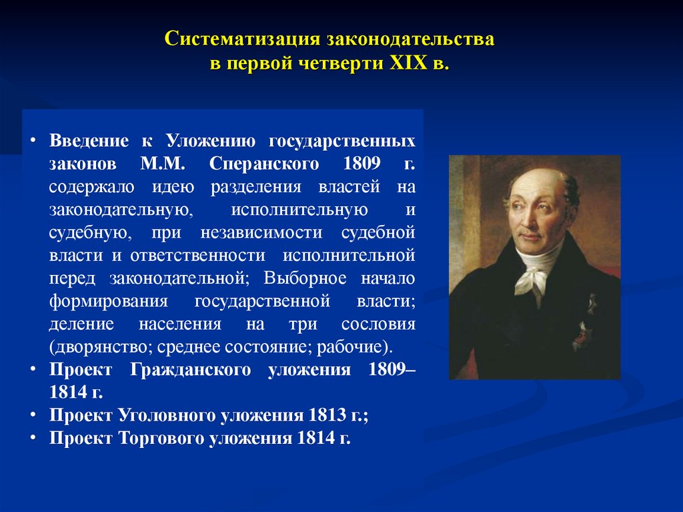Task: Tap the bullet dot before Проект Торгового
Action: (33, 438)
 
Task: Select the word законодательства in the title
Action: (410, 41)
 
